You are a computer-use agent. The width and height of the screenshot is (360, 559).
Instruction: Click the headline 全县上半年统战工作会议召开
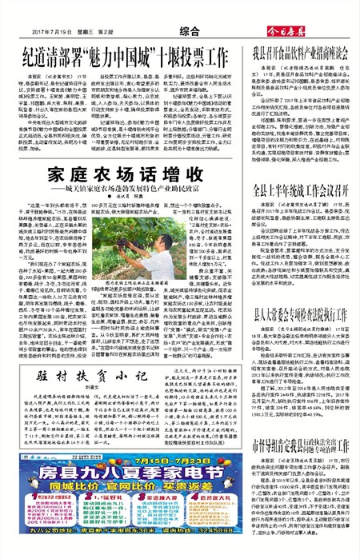[300, 212]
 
